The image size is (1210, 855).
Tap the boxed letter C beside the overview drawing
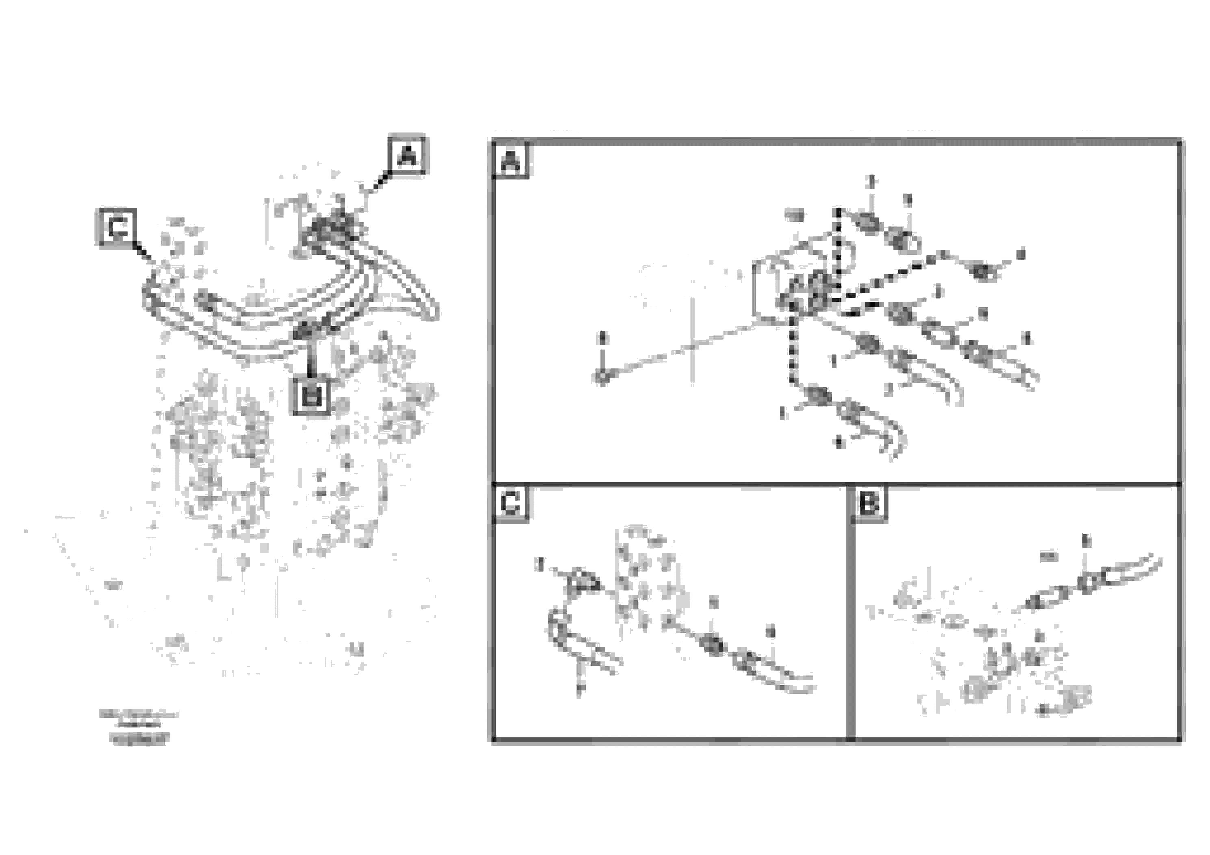point(117,228)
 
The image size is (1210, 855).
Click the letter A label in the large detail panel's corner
point(511,160)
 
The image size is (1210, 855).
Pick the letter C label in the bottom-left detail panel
point(510,503)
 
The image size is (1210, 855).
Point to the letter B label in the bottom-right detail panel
point(869,503)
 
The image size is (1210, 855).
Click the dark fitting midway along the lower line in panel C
point(713,645)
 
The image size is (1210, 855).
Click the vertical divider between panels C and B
point(850,611)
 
